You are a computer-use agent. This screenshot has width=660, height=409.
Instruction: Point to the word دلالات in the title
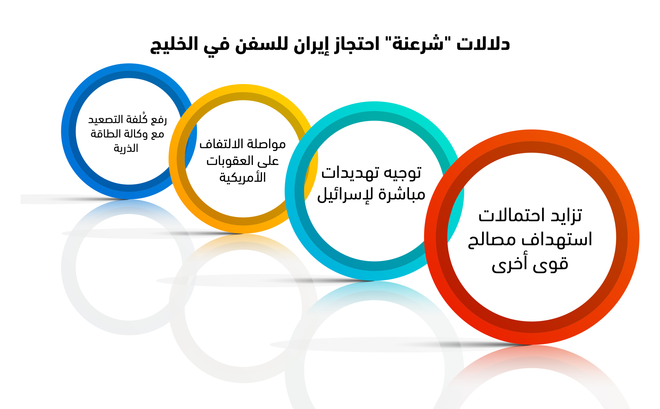click(x=483, y=44)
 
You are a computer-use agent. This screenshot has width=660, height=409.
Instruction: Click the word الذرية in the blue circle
click(x=126, y=148)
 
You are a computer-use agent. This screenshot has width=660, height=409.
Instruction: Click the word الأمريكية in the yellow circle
click(x=243, y=177)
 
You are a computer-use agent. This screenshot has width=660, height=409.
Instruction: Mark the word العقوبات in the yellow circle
click(x=229, y=161)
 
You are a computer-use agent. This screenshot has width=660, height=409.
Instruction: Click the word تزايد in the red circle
click(x=566, y=215)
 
